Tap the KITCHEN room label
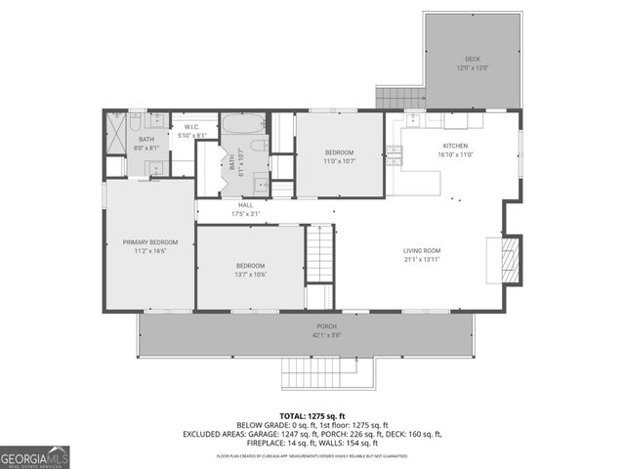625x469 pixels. (455, 146)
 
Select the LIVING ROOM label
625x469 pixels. (422, 251)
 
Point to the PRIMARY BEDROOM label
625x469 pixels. (150, 241)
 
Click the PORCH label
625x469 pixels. (325, 326)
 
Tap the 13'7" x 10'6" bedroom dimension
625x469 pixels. (250, 275)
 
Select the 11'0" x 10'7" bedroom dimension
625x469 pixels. (340, 161)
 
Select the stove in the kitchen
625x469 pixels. (395, 152)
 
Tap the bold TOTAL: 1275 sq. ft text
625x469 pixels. (312, 415)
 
